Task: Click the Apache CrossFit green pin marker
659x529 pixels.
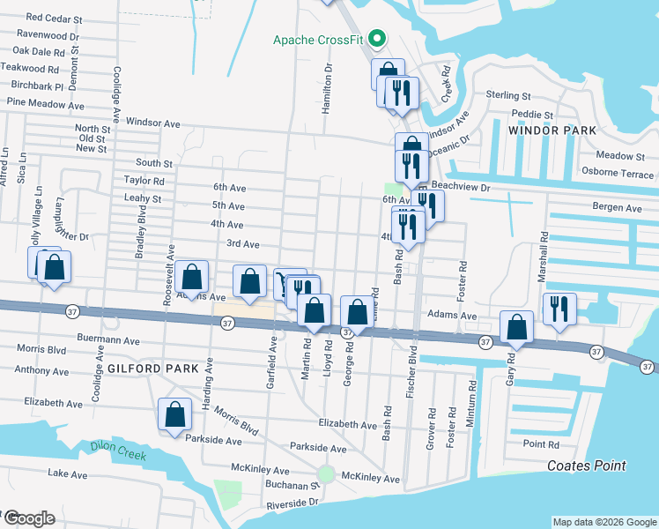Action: click(x=377, y=39)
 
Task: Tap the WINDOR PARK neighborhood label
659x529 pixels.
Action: click(x=552, y=130)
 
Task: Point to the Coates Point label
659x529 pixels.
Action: click(x=587, y=466)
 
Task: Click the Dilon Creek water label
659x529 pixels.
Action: click(x=118, y=447)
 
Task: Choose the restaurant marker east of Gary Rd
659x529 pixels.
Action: click(x=559, y=309)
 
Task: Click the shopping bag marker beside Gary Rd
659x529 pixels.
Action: click(x=517, y=327)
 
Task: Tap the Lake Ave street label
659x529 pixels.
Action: click(x=68, y=474)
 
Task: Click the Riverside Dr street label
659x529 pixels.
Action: click(x=292, y=501)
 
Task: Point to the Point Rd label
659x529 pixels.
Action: click(x=540, y=444)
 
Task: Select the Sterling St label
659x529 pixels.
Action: click(x=508, y=95)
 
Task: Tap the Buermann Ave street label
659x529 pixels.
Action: click(x=108, y=339)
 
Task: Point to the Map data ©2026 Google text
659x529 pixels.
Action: click(x=603, y=522)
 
